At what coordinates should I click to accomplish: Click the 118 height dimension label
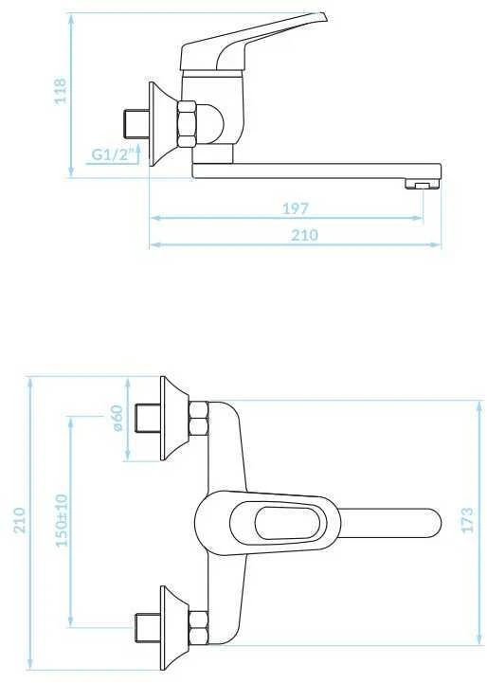pyautogui.click(x=61, y=91)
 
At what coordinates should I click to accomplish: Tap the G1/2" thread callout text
pyautogui.click(x=111, y=154)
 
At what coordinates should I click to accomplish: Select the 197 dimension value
pyautogui.click(x=296, y=208)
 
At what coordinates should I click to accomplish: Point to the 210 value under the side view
pyautogui.click(x=304, y=235)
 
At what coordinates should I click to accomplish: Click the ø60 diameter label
pyautogui.click(x=117, y=418)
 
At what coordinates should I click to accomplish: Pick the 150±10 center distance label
pyautogui.click(x=63, y=520)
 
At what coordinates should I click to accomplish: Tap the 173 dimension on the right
pyautogui.click(x=466, y=520)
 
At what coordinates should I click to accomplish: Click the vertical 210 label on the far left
pyautogui.click(x=19, y=520)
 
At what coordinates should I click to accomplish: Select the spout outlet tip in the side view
pyautogui.click(x=423, y=185)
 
